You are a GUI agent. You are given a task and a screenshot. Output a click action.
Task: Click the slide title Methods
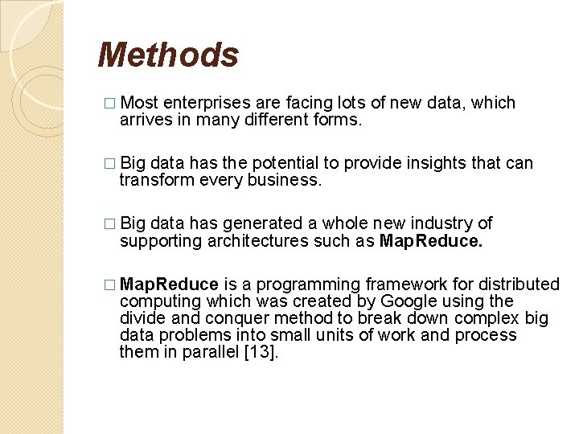pyautogui.click(x=168, y=55)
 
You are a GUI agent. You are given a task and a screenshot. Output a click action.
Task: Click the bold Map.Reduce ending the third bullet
pyautogui.click(x=431, y=240)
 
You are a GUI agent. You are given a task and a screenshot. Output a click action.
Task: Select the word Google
pyautogui.click(x=409, y=301)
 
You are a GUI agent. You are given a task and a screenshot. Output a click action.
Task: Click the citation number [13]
pyautogui.click(x=260, y=351)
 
